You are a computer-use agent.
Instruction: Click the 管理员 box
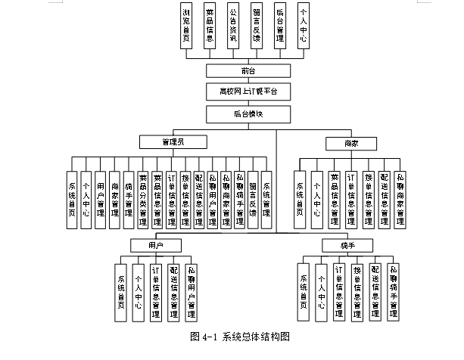[x=173, y=142]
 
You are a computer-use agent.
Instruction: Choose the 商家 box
[x=350, y=142]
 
